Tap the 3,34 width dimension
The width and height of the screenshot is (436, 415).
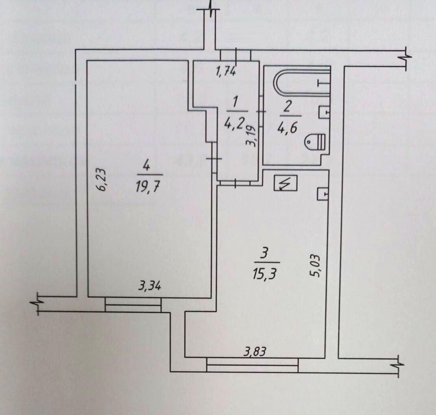pos(150,285)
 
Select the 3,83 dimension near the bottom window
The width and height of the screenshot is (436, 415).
pos(255,352)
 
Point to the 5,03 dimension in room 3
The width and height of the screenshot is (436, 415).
pos(316,266)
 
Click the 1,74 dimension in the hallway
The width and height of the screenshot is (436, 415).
pos(226,71)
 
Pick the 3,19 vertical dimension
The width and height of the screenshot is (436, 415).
pos(251,136)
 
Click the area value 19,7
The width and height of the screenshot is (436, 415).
pos(147,187)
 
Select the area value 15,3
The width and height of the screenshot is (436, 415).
pos(264,275)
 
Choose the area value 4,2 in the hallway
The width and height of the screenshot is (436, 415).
pos(234,122)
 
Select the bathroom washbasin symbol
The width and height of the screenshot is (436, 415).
pos(324,112)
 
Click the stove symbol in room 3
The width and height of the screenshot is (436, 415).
pos(286,183)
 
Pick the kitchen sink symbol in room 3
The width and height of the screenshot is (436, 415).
pos(323,193)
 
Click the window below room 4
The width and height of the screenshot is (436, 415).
pos(133,305)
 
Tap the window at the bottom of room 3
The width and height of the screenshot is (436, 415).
pos(252,365)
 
